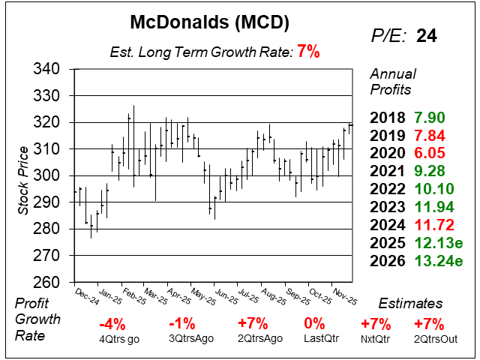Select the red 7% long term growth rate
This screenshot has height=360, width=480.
tap(308, 52)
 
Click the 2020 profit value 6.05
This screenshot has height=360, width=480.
tap(430, 154)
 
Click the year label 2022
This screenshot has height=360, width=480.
tap(387, 189)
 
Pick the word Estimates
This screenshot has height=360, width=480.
tap(411, 304)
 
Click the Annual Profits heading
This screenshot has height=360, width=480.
tap(391, 81)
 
